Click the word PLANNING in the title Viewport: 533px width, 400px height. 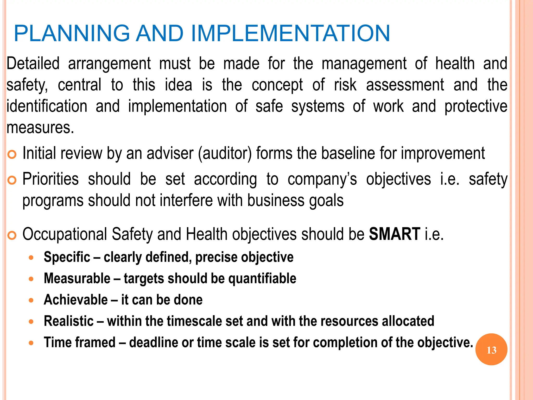(x=72, y=33)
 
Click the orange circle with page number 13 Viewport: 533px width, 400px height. (x=491, y=349)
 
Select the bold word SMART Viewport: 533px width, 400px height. (x=395, y=234)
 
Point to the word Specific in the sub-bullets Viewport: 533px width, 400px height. (x=67, y=257)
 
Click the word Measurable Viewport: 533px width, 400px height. (x=77, y=278)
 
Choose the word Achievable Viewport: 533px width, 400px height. (x=75, y=300)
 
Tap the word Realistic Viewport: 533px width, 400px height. (x=68, y=321)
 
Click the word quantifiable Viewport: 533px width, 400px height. (x=262, y=278)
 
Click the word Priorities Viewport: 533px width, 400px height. (x=50, y=179)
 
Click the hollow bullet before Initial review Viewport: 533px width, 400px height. (x=12, y=154)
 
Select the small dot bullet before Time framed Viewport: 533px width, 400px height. (x=31, y=343)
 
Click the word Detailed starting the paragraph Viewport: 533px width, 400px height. (x=33, y=64)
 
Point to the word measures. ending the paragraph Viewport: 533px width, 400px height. (x=40, y=128)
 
